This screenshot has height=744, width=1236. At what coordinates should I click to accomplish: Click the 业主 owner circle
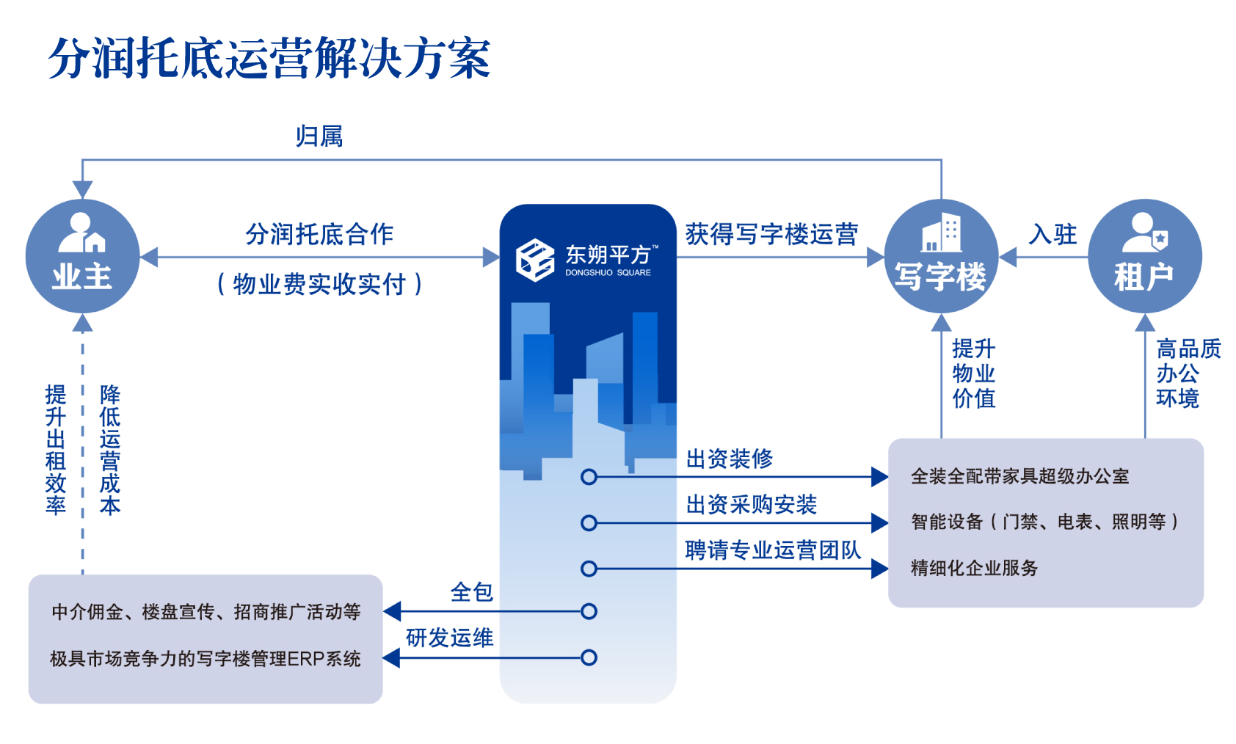tap(82, 256)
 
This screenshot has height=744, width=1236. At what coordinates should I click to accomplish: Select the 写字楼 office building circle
tap(941, 256)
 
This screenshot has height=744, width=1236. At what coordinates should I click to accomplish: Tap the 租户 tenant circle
tap(1144, 256)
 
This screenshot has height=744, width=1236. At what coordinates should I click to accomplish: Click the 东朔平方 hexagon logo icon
tap(535, 260)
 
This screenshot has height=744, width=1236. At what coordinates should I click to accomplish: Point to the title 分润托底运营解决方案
tap(269, 59)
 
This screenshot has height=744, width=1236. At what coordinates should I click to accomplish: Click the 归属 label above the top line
tap(319, 136)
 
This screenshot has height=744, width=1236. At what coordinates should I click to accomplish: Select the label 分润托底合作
tap(319, 235)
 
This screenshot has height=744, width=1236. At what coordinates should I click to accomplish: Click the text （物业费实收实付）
tap(319, 284)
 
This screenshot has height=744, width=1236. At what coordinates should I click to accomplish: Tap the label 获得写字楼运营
tap(771, 235)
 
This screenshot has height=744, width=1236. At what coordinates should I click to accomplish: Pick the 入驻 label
tap(1053, 235)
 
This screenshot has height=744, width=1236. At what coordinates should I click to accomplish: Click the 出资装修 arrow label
tap(730, 459)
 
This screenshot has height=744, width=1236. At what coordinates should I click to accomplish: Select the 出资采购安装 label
tap(752, 505)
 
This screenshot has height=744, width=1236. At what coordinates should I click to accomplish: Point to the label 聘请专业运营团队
tap(773, 550)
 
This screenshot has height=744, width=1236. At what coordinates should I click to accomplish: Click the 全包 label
tap(471, 592)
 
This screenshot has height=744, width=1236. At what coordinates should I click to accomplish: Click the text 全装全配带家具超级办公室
tap(1019, 477)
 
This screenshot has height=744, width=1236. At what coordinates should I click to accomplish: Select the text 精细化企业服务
tap(974, 568)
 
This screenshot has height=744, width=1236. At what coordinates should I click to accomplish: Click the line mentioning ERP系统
tap(206, 659)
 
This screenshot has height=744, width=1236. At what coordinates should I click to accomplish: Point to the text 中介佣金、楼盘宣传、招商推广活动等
tap(206, 612)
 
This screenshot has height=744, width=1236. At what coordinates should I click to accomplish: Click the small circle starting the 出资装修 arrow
tap(589, 477)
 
